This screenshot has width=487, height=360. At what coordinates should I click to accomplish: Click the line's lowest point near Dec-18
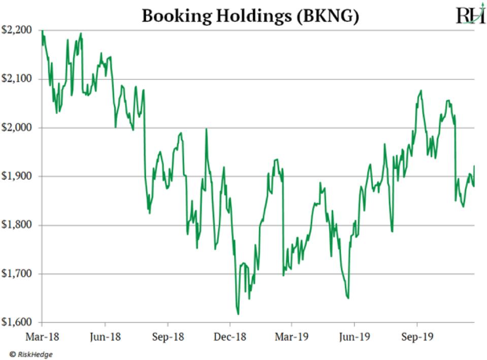tap(238, 314)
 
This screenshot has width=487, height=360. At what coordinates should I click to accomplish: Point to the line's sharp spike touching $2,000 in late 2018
tap(206, 129)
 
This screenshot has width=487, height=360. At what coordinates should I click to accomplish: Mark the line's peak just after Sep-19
tap(421, 91)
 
